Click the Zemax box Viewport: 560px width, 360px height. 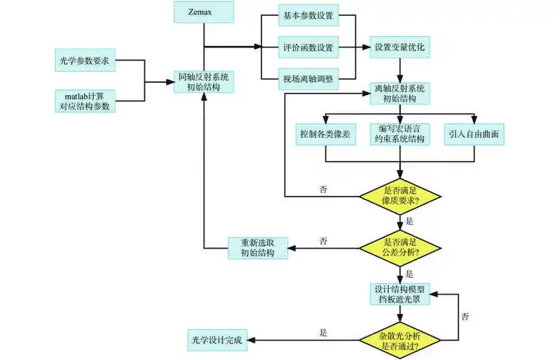(205, 12)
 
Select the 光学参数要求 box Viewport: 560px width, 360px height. (85, 61)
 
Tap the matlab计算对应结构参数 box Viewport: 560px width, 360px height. (85, 102)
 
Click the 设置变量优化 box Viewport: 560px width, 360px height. (401, 48)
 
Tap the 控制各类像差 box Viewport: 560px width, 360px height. (325, 135)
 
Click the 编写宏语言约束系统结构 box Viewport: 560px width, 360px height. (399, 135)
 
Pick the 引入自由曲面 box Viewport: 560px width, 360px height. (474, 135)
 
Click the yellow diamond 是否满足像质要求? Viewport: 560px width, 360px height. (399, 195)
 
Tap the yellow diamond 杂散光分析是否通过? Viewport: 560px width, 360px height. (399, 341)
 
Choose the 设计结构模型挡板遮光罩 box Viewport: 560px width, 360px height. (399, 294)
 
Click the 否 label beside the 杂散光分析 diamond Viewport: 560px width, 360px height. (466, 316)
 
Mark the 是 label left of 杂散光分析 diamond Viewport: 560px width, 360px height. (323, 333)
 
